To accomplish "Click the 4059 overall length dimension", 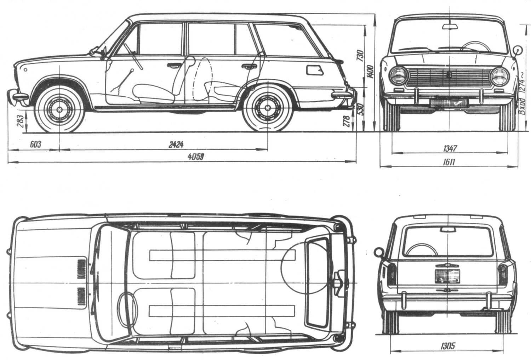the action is [195, 157].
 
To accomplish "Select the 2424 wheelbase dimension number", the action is [176, 145].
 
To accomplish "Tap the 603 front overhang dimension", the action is [35, 144].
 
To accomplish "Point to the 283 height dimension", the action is [21, 121].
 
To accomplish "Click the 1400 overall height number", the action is [370, 72].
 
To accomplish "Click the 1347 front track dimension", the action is [450, 148].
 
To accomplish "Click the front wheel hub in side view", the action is [59, 109].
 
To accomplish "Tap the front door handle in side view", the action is [174, 65].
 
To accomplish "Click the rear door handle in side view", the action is [249, 66].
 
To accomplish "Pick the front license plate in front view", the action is [449, 102].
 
